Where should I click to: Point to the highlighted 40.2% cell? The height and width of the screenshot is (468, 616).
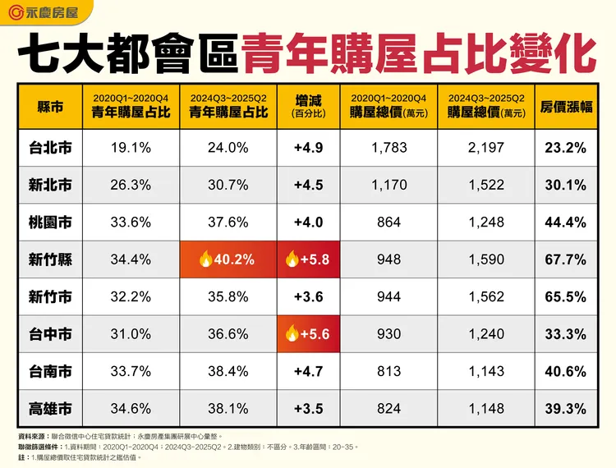228,259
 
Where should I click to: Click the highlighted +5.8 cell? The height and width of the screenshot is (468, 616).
307,259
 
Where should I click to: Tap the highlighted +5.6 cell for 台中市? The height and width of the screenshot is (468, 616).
307,334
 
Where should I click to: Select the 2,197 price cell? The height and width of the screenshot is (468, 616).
486,148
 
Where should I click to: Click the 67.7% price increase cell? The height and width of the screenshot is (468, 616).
564,259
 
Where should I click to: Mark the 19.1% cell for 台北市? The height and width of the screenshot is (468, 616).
131,148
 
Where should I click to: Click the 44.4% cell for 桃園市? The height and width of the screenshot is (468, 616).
564,223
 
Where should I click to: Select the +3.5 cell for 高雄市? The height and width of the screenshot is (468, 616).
307,408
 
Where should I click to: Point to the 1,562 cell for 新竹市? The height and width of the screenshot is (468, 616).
486,297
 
